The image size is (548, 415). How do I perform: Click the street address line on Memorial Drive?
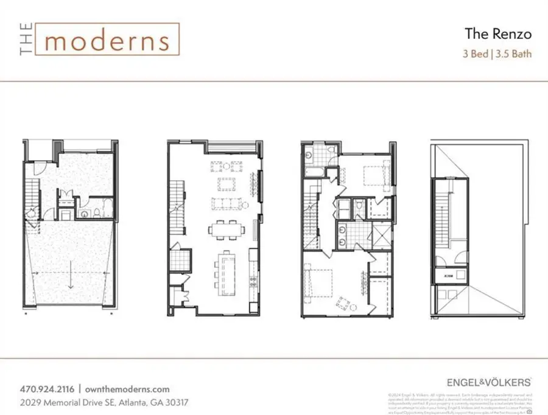103,402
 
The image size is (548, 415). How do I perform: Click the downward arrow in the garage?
71,280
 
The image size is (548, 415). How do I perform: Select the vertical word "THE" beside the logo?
25,40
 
